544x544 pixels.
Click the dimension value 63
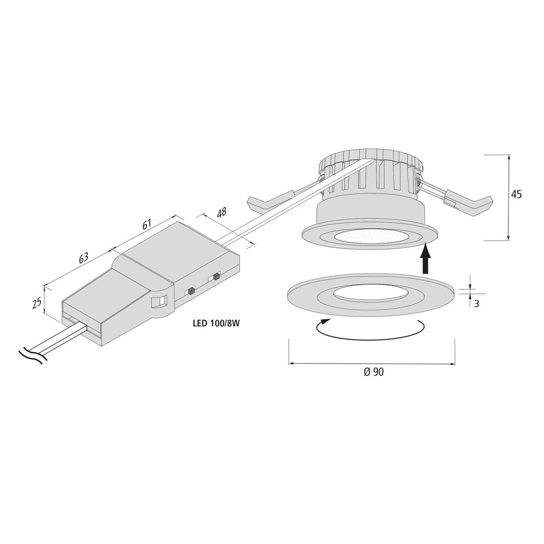(x=84, y=258)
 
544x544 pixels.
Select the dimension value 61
(x=147, y=224)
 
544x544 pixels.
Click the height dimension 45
(x=516, y=195)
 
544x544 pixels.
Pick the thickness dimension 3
(x=477, y=304)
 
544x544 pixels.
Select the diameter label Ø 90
(x=374, y=372)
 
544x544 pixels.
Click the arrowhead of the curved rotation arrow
(x=325, y=322)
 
